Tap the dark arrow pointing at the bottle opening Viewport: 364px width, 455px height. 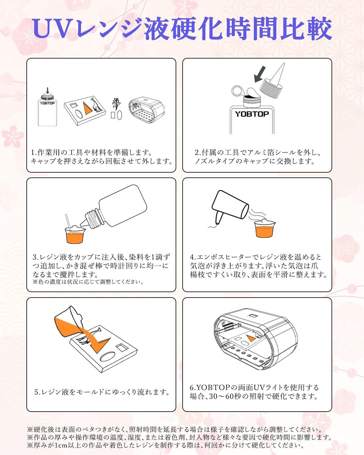[260, 74]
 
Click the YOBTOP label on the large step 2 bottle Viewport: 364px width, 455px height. [252, 114]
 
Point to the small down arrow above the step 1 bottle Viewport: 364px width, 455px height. [48, 90]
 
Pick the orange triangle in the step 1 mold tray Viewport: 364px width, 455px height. [86, 109]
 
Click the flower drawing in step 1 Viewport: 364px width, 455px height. [116, 104]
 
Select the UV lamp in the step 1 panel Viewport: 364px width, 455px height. [147, 110]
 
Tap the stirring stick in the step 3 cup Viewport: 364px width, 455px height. [69, 224]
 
